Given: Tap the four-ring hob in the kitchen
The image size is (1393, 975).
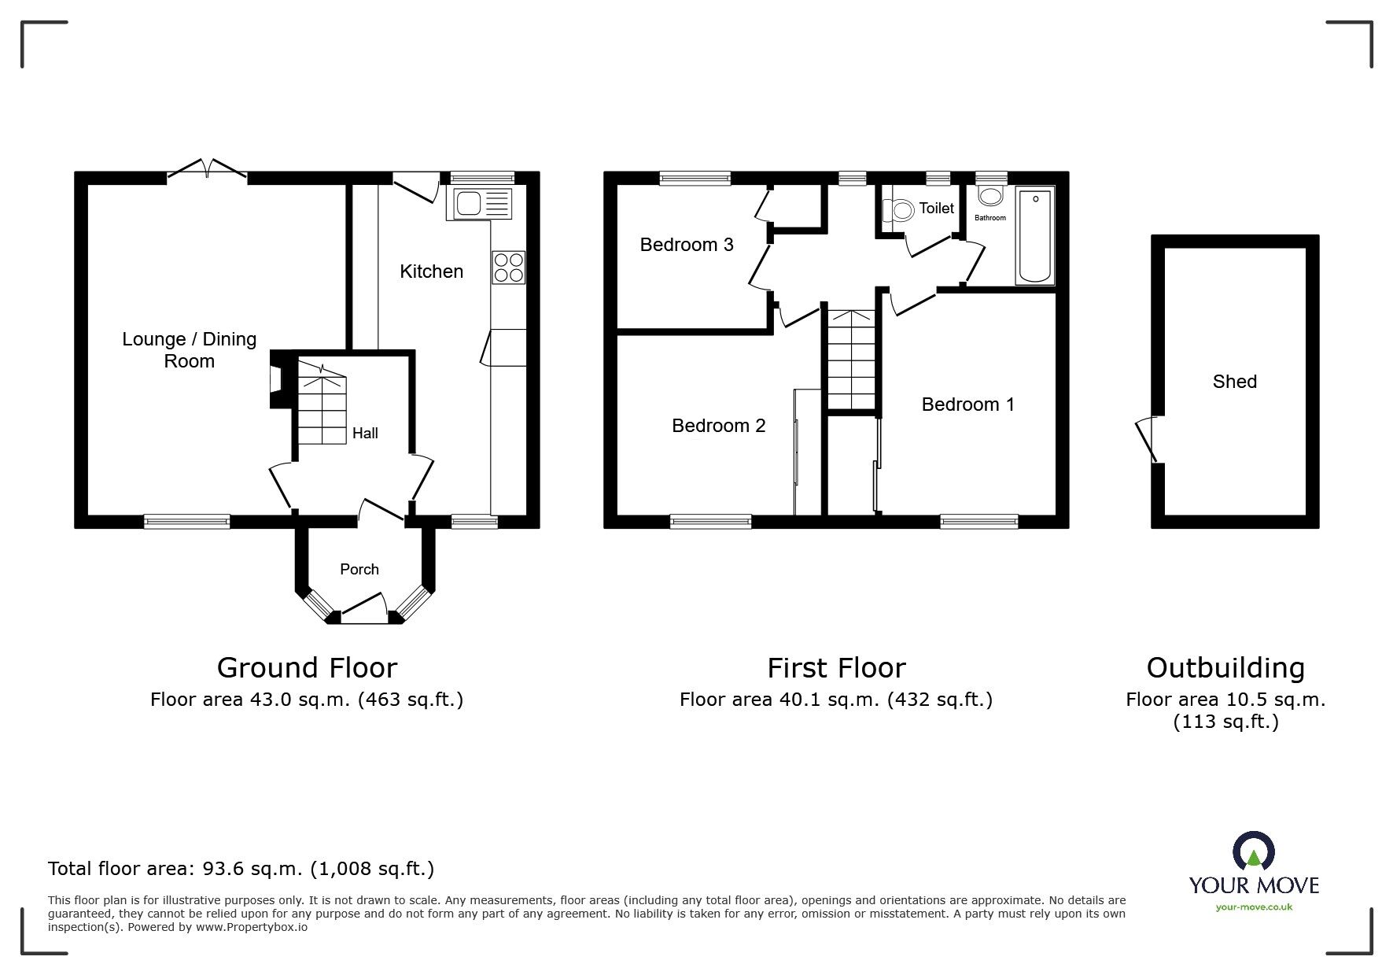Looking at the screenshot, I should (508, 268).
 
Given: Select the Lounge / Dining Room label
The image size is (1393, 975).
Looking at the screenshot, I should (189, 350).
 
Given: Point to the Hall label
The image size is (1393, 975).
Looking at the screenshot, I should (365, 433).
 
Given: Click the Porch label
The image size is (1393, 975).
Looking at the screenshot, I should (359, 569).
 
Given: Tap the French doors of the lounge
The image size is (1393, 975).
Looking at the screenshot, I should (208, 168).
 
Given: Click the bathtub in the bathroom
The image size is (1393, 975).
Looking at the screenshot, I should (1035, 235).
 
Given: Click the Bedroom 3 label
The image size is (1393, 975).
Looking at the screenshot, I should (687, 245).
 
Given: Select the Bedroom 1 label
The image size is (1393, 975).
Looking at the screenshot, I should (967, 404).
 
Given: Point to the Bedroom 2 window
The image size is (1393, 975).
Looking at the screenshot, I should (711, 520).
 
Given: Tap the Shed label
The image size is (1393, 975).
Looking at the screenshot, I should (1234, 382).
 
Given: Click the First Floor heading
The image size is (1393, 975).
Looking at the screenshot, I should (836, 668).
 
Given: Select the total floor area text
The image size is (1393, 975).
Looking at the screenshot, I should (241, 869).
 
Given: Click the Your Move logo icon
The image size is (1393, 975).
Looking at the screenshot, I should (1253, 853).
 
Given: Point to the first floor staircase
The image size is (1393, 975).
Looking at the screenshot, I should (850, 359).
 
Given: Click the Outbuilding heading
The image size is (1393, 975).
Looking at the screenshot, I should (1225, 668).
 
